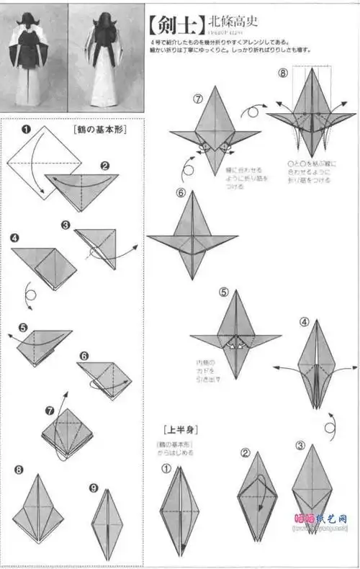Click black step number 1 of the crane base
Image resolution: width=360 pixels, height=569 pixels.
(x=25, y=130)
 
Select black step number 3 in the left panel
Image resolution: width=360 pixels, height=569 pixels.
(x=66, y=225)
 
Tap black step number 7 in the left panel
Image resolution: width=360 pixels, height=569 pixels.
(x=49, y=411)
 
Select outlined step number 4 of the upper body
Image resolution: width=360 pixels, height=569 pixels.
(x=305, y=322)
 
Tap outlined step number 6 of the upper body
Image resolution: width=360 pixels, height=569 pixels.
(x=181, y=192)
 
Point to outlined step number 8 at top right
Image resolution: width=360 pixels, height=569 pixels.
(x=283, y=73)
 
